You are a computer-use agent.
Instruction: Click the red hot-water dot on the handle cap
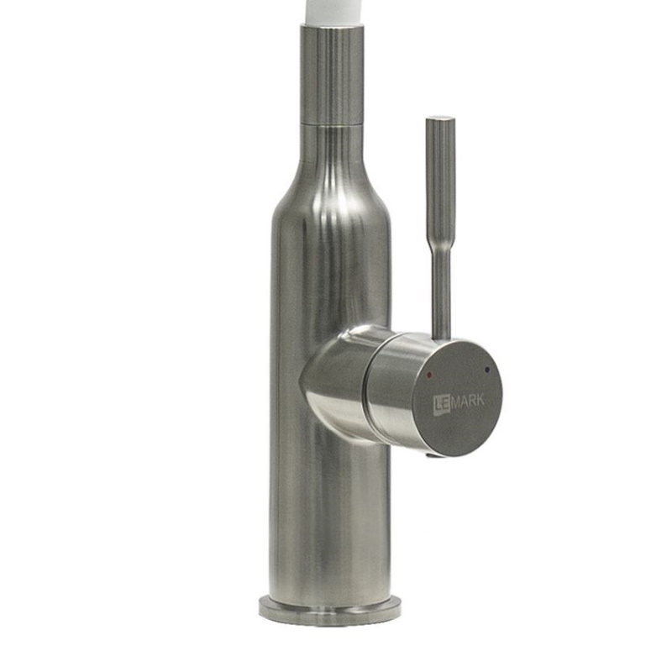coord(430,374)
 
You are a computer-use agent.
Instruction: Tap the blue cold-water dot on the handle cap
coord(486,369)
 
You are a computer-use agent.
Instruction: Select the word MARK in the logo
coord(467,402)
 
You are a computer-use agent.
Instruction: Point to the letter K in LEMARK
coord(480,401)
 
